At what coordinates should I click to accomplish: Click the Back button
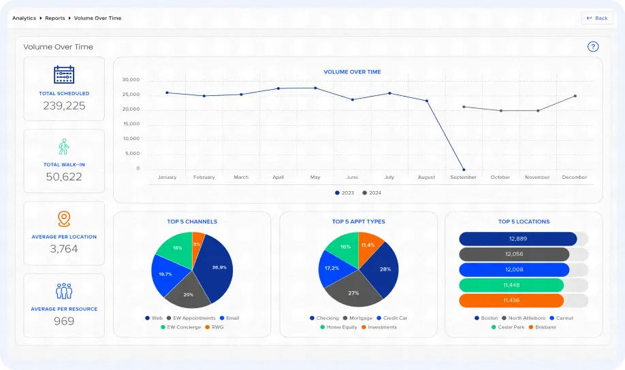coord(597,18)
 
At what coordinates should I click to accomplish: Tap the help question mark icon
coord(593,47)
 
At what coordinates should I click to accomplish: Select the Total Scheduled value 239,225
coord(64,105)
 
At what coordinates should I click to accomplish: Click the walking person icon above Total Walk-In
coord(64,147)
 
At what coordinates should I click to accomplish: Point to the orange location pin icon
coord(64,219)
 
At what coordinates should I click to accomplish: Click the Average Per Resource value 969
coord(64,321)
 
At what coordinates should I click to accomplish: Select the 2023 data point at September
coord(464,169)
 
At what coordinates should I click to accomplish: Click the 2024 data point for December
coord(575,96)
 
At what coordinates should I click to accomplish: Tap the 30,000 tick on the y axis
coord(131,80)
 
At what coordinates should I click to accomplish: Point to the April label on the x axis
coord(278,178)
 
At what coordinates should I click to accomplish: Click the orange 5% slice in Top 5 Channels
coord(197,244)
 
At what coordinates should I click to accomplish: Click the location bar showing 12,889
coord(517,239)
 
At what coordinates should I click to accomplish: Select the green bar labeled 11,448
coord(511,285)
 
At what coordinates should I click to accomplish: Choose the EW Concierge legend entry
coord(183,327)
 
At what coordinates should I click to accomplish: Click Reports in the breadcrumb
coord(55,18)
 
